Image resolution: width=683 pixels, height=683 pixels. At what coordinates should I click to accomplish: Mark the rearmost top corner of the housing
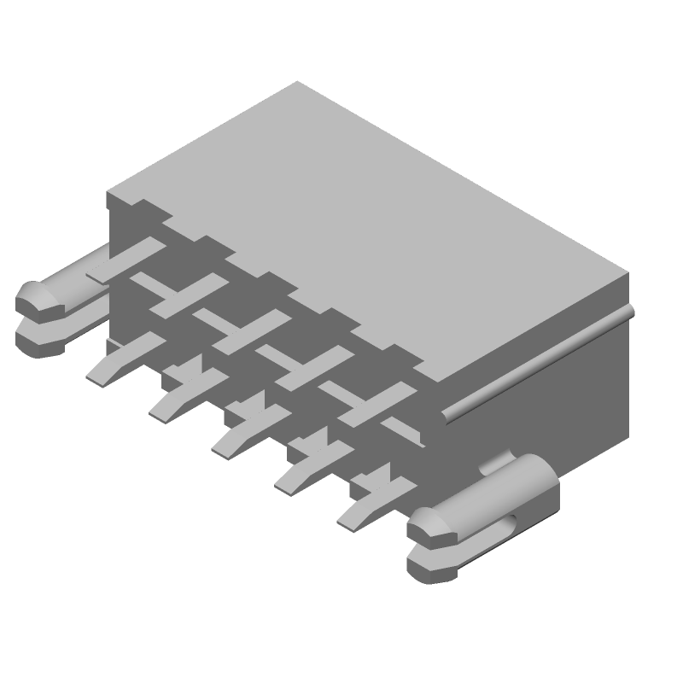pyautogui.click(x=297, y=82)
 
